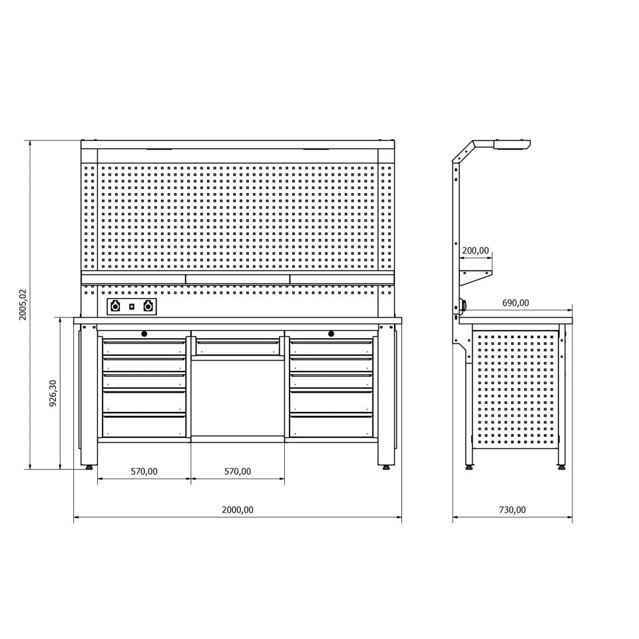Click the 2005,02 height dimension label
point(23,304)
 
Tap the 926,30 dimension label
point(53,393)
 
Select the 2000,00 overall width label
point(238,510)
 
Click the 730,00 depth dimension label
point(513,510)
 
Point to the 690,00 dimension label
point(515,303)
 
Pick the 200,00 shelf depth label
point(475,251)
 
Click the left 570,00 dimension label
point(144,471)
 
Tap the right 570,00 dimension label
point(238,471)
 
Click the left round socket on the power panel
point(115,306)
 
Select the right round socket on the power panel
point(148,306)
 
